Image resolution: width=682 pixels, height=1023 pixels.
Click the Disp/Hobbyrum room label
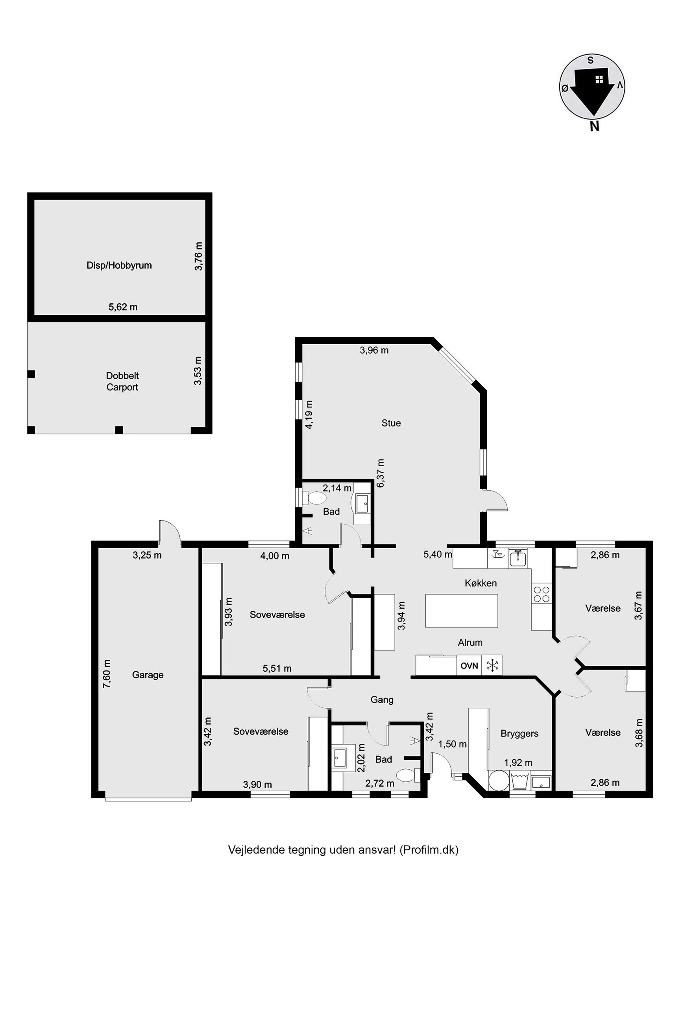pos(119,265)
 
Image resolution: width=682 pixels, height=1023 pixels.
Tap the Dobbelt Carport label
pos(122,381)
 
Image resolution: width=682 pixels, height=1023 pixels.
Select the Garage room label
pos(148,675)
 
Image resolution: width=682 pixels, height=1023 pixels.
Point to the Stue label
pos(391,423)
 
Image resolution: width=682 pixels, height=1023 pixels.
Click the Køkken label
pos(481,583)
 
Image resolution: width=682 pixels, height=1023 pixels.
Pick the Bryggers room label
pos(519,733)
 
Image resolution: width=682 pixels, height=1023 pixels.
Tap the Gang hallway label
pos(382,700)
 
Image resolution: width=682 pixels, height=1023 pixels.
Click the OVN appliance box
pos(469,665)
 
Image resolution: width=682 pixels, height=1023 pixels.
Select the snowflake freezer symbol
pos(492,665)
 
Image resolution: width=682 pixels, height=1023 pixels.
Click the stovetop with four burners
pos(542,594)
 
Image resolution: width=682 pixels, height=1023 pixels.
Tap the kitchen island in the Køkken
pos(462,611)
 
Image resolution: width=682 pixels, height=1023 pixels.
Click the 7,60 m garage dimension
pos(107,674)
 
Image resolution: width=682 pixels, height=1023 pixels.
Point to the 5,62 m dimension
pos(123,307)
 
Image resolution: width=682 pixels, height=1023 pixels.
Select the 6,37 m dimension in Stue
pos(381,473)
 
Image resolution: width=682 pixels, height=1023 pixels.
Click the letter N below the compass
pos(595,127)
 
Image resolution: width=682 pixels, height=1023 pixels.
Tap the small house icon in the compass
pos(599,79)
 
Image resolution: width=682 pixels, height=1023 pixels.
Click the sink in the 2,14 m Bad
pos(362,504)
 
